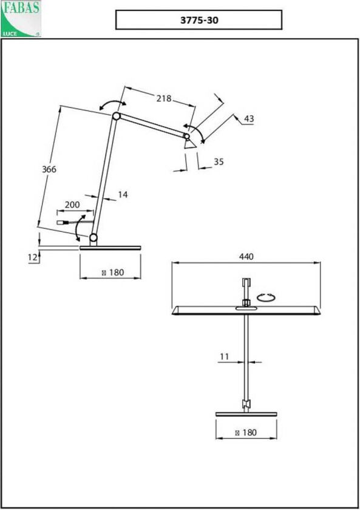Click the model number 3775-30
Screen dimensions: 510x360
tap(199, 19)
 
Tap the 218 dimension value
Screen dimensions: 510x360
tap(163, 98)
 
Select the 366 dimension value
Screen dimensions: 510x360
tap(49, 169)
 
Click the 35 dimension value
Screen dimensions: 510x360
tap(219, 161)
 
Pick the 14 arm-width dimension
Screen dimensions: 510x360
tap(123, 194)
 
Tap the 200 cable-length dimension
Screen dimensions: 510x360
tap(72, 205)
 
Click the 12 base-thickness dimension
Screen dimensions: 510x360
tap(32, 257)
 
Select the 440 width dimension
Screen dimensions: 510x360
tap(246, 256)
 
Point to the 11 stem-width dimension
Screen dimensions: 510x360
tap(224, 356)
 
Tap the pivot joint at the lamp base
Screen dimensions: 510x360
tap(93, 237)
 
